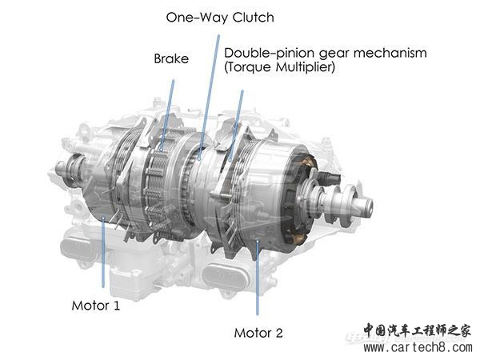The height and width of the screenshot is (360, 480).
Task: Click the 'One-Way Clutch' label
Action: coord(220,18)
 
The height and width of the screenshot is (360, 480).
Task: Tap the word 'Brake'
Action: coord(171,58)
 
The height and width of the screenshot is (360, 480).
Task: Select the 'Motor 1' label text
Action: coord(95,306)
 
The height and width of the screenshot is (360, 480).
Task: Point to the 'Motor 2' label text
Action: coord(258,333)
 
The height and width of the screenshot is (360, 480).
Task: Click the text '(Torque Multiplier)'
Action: coord(279,67)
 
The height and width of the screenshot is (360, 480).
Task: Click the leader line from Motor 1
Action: coord(103,252)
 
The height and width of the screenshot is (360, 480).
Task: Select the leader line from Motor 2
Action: coord(257,278)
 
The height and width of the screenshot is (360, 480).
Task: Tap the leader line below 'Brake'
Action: coord(167,115)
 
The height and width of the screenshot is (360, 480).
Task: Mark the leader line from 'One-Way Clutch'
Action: coord(209,98)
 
